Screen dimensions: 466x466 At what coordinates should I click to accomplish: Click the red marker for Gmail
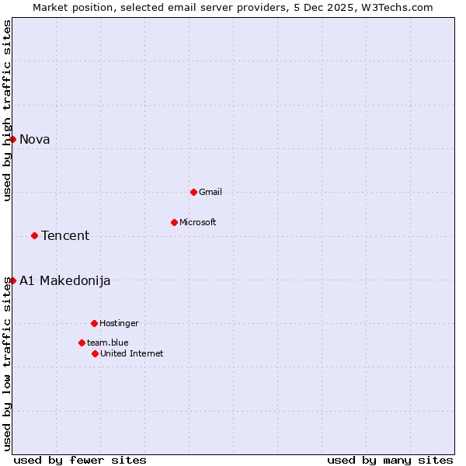click(193, 192)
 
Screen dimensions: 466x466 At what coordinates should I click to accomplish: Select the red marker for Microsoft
click(174, 222)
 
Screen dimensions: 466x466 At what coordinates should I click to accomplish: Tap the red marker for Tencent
click(34, 235)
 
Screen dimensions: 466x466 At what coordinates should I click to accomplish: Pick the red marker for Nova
click(12, 139)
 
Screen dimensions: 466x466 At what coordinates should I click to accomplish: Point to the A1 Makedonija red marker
click(12, 280)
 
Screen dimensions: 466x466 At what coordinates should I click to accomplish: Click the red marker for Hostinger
click(94, 323)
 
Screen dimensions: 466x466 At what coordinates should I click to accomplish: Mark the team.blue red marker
click(82, 343)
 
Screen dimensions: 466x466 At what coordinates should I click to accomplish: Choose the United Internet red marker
click(95, 353)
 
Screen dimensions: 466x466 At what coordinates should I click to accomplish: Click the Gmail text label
click(210, 192)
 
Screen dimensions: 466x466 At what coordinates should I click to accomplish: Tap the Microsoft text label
click(198, 222)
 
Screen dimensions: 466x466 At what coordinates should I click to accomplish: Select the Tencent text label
click(65, 235)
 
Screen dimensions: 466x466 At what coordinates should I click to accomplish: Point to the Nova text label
click(35, 139)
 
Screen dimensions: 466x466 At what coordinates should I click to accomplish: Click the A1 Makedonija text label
click(65, 280)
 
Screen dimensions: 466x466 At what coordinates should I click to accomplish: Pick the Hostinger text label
click(119, 323)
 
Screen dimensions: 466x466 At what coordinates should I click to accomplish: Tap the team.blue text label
click(108, 343)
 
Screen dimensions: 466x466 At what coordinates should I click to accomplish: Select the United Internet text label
click(132, 353)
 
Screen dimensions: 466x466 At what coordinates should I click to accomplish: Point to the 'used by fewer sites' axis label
click(80, 460)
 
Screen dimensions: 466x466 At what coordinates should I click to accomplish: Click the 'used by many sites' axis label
click(390, 460)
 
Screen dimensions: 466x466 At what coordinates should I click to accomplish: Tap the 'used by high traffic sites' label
click(7, 110)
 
